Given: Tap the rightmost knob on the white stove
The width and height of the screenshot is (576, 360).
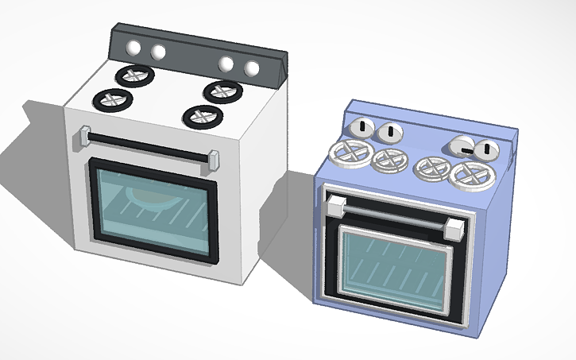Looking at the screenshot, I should (253, 69).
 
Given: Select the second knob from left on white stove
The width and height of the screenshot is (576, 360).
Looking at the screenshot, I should (158, 52).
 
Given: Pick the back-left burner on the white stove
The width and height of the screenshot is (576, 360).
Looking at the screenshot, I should (134, 75).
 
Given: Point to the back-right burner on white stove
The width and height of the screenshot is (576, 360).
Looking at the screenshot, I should (222, 91).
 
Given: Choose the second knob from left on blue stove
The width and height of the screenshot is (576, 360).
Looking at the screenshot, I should (389, 132).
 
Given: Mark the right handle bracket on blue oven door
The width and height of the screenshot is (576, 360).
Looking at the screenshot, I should (454, 230).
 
